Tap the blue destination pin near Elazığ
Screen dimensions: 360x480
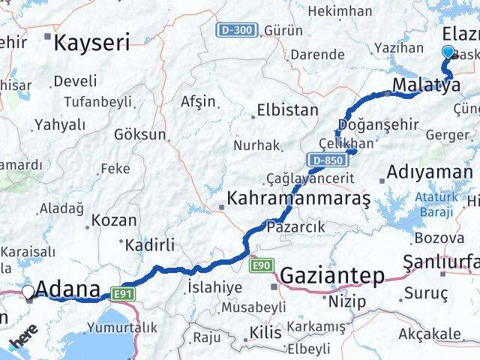[x=448, y=52]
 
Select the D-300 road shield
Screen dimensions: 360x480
[x=238, y=31]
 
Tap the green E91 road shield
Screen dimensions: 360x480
[x=124, y=293]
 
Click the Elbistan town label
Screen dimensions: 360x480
[x=287, y=109]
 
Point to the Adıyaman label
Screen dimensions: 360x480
[x=430, y=172]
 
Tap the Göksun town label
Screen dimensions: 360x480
[x=139, y=135]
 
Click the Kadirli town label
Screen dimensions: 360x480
[x=149, y=245]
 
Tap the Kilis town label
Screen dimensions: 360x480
[x=266, y=332]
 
